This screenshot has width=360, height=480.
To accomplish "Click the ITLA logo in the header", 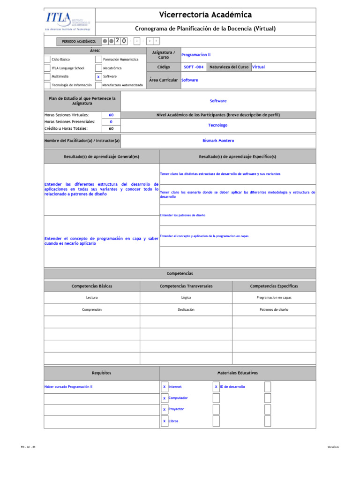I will coord(68,21).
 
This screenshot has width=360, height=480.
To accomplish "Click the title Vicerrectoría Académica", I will coord(205,15).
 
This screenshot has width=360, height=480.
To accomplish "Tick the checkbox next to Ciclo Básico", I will coord(47,60).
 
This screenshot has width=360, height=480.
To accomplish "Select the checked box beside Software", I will coord(98,76).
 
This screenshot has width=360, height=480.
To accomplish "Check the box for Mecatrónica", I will coord(98,68).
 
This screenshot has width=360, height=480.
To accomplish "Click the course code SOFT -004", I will coord(194,67).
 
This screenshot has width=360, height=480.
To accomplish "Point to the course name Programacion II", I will coord(196,55).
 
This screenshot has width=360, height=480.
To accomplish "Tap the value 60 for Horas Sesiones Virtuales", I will coord(111,115).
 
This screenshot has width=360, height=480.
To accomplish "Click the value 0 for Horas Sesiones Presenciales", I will coord(111,122).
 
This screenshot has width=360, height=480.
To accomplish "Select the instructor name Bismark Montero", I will coord(218,141).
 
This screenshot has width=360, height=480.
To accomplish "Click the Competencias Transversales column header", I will coord(186,286).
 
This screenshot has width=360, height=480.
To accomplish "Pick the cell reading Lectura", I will coord(92,298).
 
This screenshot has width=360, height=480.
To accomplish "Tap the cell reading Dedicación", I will coord(186,310).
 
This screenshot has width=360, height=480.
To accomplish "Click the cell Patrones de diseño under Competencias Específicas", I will coord(274,310).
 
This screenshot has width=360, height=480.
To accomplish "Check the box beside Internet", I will coord(165,387).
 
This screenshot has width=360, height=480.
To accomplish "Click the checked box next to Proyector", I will coord(165,410).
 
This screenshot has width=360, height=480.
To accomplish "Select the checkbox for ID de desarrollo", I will coord(216,387).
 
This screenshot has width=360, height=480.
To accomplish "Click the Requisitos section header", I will coord(102,373).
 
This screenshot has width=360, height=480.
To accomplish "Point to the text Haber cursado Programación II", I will coord(68,387).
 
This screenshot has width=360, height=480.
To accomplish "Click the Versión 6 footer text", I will coord(333,447).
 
